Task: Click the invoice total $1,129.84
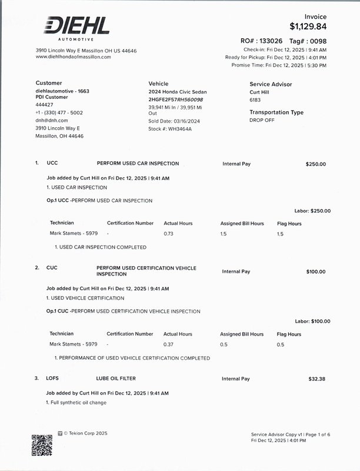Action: click(x=308, y=26)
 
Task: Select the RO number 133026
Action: click(x=270, y=41)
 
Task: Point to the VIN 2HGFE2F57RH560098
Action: click(x=175, y=100)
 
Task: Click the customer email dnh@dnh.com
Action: click(x=52, y=120)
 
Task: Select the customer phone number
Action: click(x=59, y=112)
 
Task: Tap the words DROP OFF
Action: click(x=262, y=120)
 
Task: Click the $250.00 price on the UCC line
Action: click(x=315, y=164)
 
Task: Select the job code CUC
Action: click(x=52, y=268)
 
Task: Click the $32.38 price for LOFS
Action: click(x=316, y=379)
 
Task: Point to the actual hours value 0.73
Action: click(x=168, y=234)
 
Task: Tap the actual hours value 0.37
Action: click(x=168, y=344)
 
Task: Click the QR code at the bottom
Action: click(x=42, y=445)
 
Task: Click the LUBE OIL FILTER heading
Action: click(x=116, y=379)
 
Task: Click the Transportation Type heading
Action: click(x=276, y=112)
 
